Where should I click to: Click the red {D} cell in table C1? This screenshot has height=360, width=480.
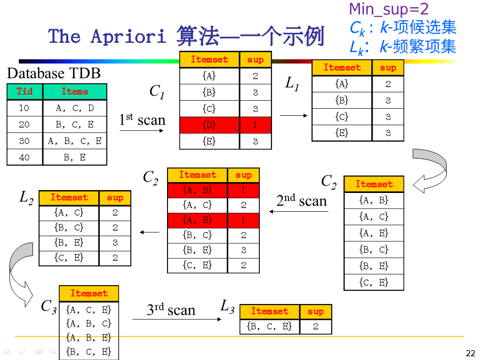pos(209,125)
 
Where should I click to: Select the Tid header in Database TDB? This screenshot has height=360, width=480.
pos(24,91)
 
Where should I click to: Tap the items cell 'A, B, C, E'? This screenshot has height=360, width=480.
pos(75,141)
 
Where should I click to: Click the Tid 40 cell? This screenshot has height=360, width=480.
pos(24,158)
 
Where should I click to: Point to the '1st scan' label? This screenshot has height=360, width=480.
pos(142,120)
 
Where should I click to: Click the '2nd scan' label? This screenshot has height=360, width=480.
pos(301,201)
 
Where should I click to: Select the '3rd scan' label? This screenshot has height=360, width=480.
pos(171,310)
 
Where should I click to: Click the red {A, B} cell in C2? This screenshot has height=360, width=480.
pos(197,190)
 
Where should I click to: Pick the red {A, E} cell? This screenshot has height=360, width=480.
pos(197,220)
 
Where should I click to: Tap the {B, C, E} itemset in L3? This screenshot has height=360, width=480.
pos(269,326)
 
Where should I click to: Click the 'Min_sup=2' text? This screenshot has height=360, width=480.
pos(389,9)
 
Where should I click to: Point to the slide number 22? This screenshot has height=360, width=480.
pos(470,353)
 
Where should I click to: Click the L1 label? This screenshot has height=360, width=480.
pos(292,84)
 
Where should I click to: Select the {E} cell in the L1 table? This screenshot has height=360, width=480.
pos(342,133)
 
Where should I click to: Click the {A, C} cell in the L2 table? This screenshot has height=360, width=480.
pos(69,212)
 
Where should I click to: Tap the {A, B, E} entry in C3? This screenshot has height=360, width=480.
pos(88,337)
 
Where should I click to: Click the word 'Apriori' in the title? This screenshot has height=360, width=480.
pos(128,36)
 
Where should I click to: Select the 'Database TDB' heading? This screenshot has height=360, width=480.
pos(54,73)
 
